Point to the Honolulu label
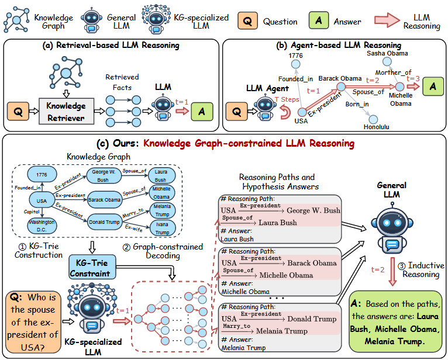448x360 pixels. click(x=375, y=126)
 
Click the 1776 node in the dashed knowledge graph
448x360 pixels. click(x=40, y=175)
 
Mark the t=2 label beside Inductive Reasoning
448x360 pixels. click(x=378, y=270)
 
